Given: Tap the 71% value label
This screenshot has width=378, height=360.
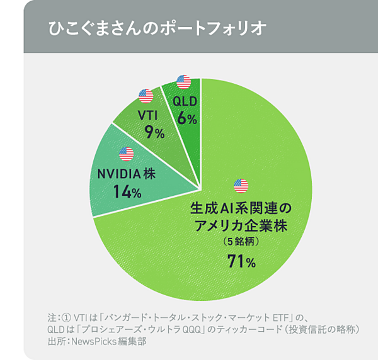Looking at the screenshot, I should pyautogui.click(x=241, y=262).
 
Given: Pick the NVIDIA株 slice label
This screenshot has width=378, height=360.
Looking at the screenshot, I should pyautogui.click(x=127, y=173).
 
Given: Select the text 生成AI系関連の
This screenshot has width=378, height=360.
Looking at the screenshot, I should pyautogui.click(x=242, y=207).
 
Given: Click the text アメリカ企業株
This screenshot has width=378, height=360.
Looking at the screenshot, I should pyautogui.click(x=242, y=225).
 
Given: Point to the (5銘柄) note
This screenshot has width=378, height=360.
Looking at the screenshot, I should pyautogui.click(x=241, y=242).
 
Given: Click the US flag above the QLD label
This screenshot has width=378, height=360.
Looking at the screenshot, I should pyautogui.click(x=183, y=82).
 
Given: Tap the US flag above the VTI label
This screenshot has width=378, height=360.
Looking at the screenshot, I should pyautogui.click(x=146, y=96).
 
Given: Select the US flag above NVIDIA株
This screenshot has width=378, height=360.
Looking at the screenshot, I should pyautogui.click(x=126, y=154).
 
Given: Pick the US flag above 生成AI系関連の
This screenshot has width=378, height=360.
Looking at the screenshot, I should pyautogui.click(x=241, y=186).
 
